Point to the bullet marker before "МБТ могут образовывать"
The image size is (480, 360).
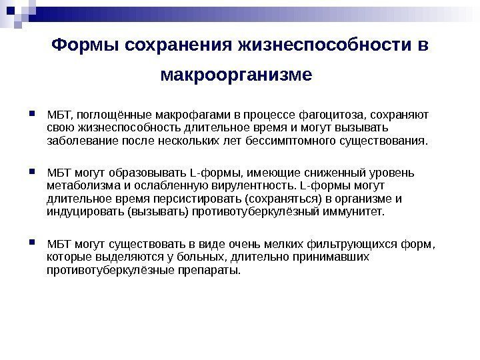[33, 171]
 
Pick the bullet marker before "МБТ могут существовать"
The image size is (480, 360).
[33, 243]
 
